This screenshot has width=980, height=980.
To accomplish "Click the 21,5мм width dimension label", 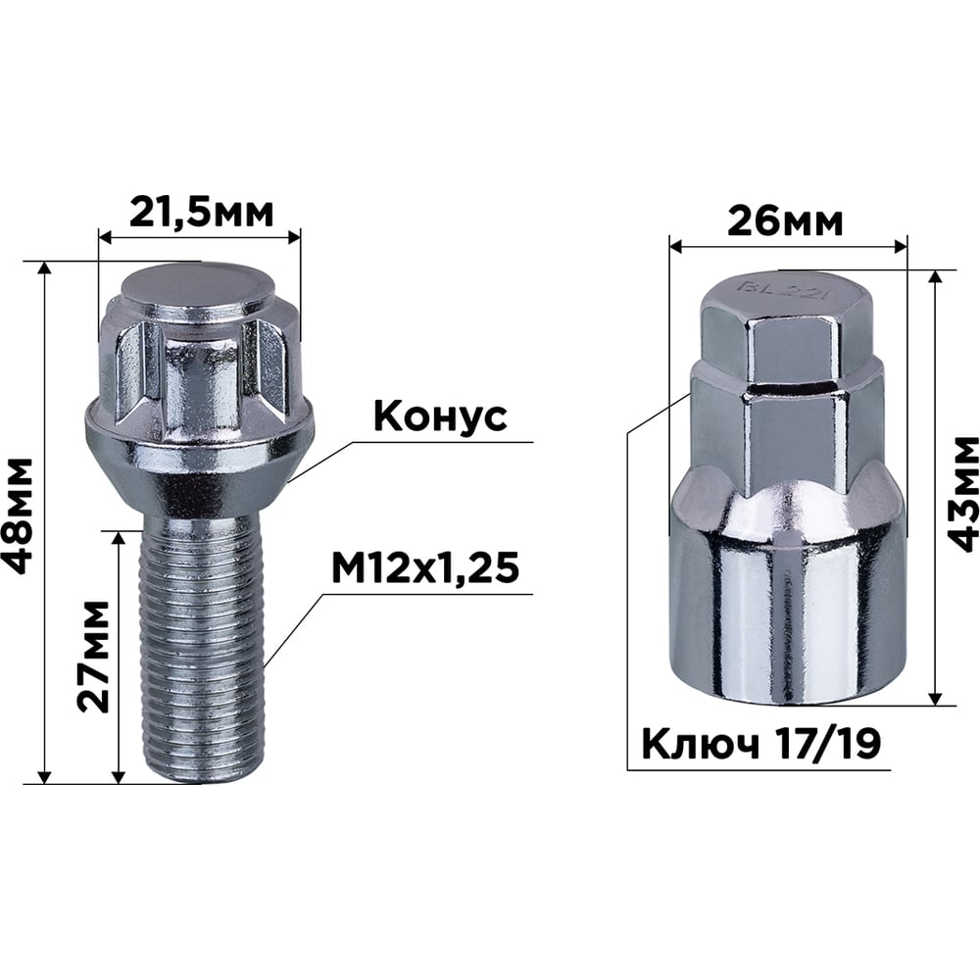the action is click(x=201, y=214).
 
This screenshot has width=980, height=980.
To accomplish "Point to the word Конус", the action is click(x=440, y=416).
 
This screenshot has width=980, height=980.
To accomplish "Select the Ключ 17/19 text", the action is click(x=761, y=745).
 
